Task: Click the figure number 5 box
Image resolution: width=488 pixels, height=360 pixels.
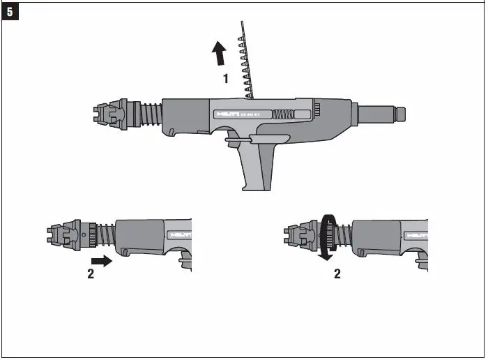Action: point(10,11)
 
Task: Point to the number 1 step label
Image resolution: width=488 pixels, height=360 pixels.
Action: point(226,80)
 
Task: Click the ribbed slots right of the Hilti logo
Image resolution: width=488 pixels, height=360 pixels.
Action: point(282,114)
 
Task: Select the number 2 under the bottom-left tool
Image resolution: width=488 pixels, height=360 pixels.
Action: point(91,274)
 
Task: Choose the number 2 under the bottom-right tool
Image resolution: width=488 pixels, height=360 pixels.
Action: point(338,274)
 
